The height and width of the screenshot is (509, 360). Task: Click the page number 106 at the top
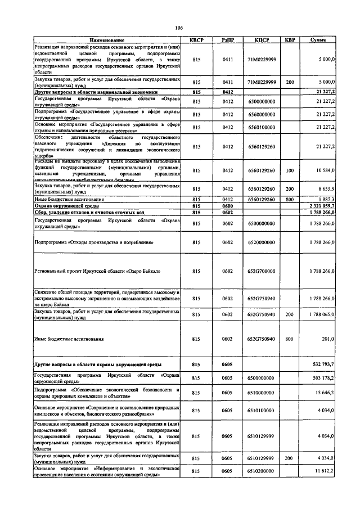click(179, 28)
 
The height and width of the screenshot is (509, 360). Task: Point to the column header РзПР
click(227, 40)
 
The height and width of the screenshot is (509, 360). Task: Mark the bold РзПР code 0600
click(227, 206)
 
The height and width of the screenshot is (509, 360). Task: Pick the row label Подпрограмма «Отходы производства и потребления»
click(94, 242)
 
